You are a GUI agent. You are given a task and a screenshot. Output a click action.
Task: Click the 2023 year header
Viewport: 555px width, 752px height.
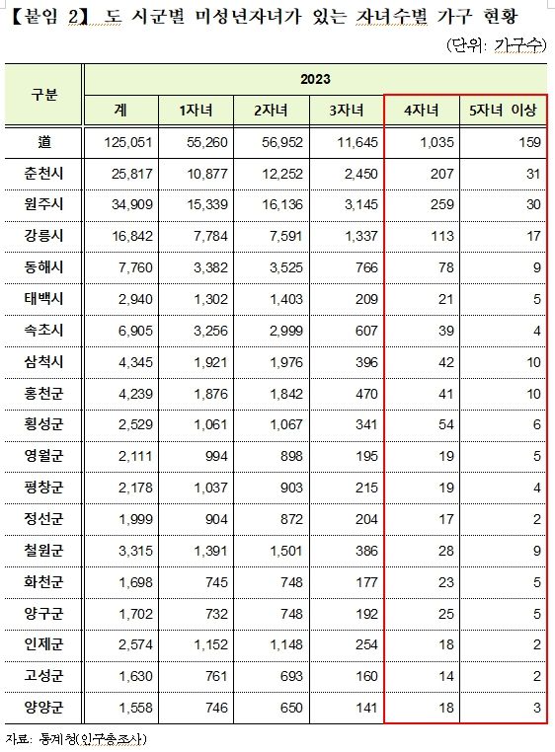tap(315, 79)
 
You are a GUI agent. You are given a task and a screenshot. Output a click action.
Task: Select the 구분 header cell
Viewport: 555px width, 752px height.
tap(43, 95)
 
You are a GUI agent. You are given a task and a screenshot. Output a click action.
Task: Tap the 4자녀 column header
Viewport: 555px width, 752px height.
tap(421, 111)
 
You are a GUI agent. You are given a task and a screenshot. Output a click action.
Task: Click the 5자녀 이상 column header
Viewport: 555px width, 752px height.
tap(503, 111)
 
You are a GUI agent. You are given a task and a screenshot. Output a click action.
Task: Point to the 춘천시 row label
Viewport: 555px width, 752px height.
tap(43, 174)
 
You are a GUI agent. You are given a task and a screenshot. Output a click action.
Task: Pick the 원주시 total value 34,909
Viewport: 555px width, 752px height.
tap(132, 205)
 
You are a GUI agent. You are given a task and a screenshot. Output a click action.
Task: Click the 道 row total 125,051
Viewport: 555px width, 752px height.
tap(128, 142)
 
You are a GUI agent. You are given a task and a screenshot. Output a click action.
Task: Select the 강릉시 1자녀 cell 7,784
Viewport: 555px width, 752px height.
tap(210, 236)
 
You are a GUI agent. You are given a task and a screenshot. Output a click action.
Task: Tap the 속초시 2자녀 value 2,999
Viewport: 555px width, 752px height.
tap(286, 331)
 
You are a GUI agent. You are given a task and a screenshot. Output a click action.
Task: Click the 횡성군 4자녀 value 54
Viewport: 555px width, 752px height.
tap(446, 425)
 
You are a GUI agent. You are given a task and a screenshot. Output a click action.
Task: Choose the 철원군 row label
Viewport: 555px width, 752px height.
tap(43, 551)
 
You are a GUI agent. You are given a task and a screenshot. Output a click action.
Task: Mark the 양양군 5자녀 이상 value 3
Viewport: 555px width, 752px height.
tap(537, 708)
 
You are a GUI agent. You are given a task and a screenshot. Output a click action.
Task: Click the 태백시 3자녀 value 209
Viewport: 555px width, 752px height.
tap(366, 299)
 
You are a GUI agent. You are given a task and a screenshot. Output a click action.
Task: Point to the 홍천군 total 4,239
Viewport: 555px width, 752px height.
tap(135, 394)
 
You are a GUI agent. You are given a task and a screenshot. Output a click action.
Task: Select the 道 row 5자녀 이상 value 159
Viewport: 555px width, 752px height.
tap(530, 142)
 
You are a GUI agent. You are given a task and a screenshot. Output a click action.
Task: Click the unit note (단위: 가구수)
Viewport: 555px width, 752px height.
tap(496, 45)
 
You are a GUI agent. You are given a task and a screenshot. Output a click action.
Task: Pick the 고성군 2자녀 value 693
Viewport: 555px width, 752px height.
tap(292, 676)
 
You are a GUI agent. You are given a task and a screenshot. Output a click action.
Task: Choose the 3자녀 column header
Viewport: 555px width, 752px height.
tap(347, 111)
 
